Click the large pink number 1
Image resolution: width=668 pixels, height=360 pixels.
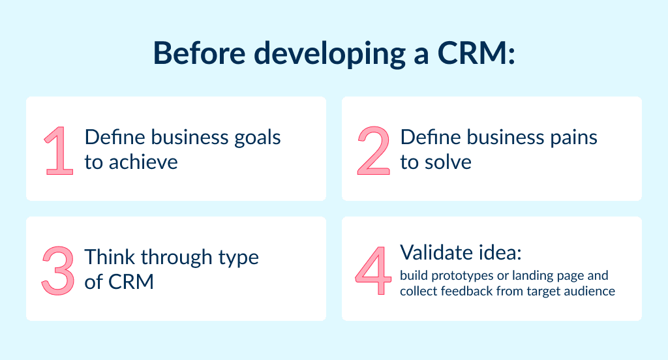coord(59,150)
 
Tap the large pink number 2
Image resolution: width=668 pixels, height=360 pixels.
coord(374,150)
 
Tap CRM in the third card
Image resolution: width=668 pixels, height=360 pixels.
coord(131,282)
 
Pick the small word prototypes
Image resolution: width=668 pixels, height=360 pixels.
coord(459,276)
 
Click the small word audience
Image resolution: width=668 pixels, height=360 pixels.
coord(588,291)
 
